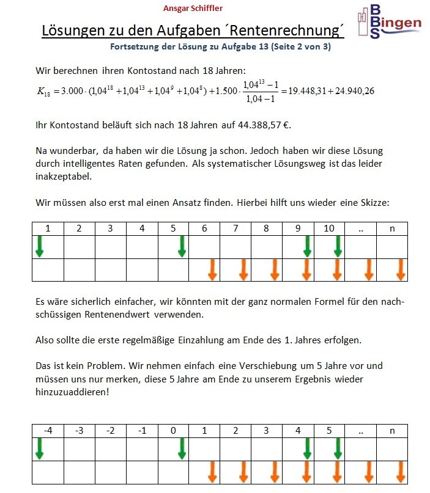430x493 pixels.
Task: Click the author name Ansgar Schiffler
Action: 193,8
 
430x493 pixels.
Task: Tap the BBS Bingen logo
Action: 389,23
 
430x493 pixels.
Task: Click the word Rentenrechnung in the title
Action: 287,31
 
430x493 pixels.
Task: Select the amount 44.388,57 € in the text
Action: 258,126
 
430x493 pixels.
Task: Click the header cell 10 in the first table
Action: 329,228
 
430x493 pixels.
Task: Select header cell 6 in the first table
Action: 204,228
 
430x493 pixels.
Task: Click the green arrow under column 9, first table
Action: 307,246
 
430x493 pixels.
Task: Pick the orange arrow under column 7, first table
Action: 243,269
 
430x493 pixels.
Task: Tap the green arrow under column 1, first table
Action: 40,246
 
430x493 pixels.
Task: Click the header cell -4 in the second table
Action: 48,431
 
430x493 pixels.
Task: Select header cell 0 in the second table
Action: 173,431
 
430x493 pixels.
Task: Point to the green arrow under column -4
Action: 40,448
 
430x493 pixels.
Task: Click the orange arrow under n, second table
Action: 401,472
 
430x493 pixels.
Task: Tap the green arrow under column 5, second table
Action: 337,448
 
